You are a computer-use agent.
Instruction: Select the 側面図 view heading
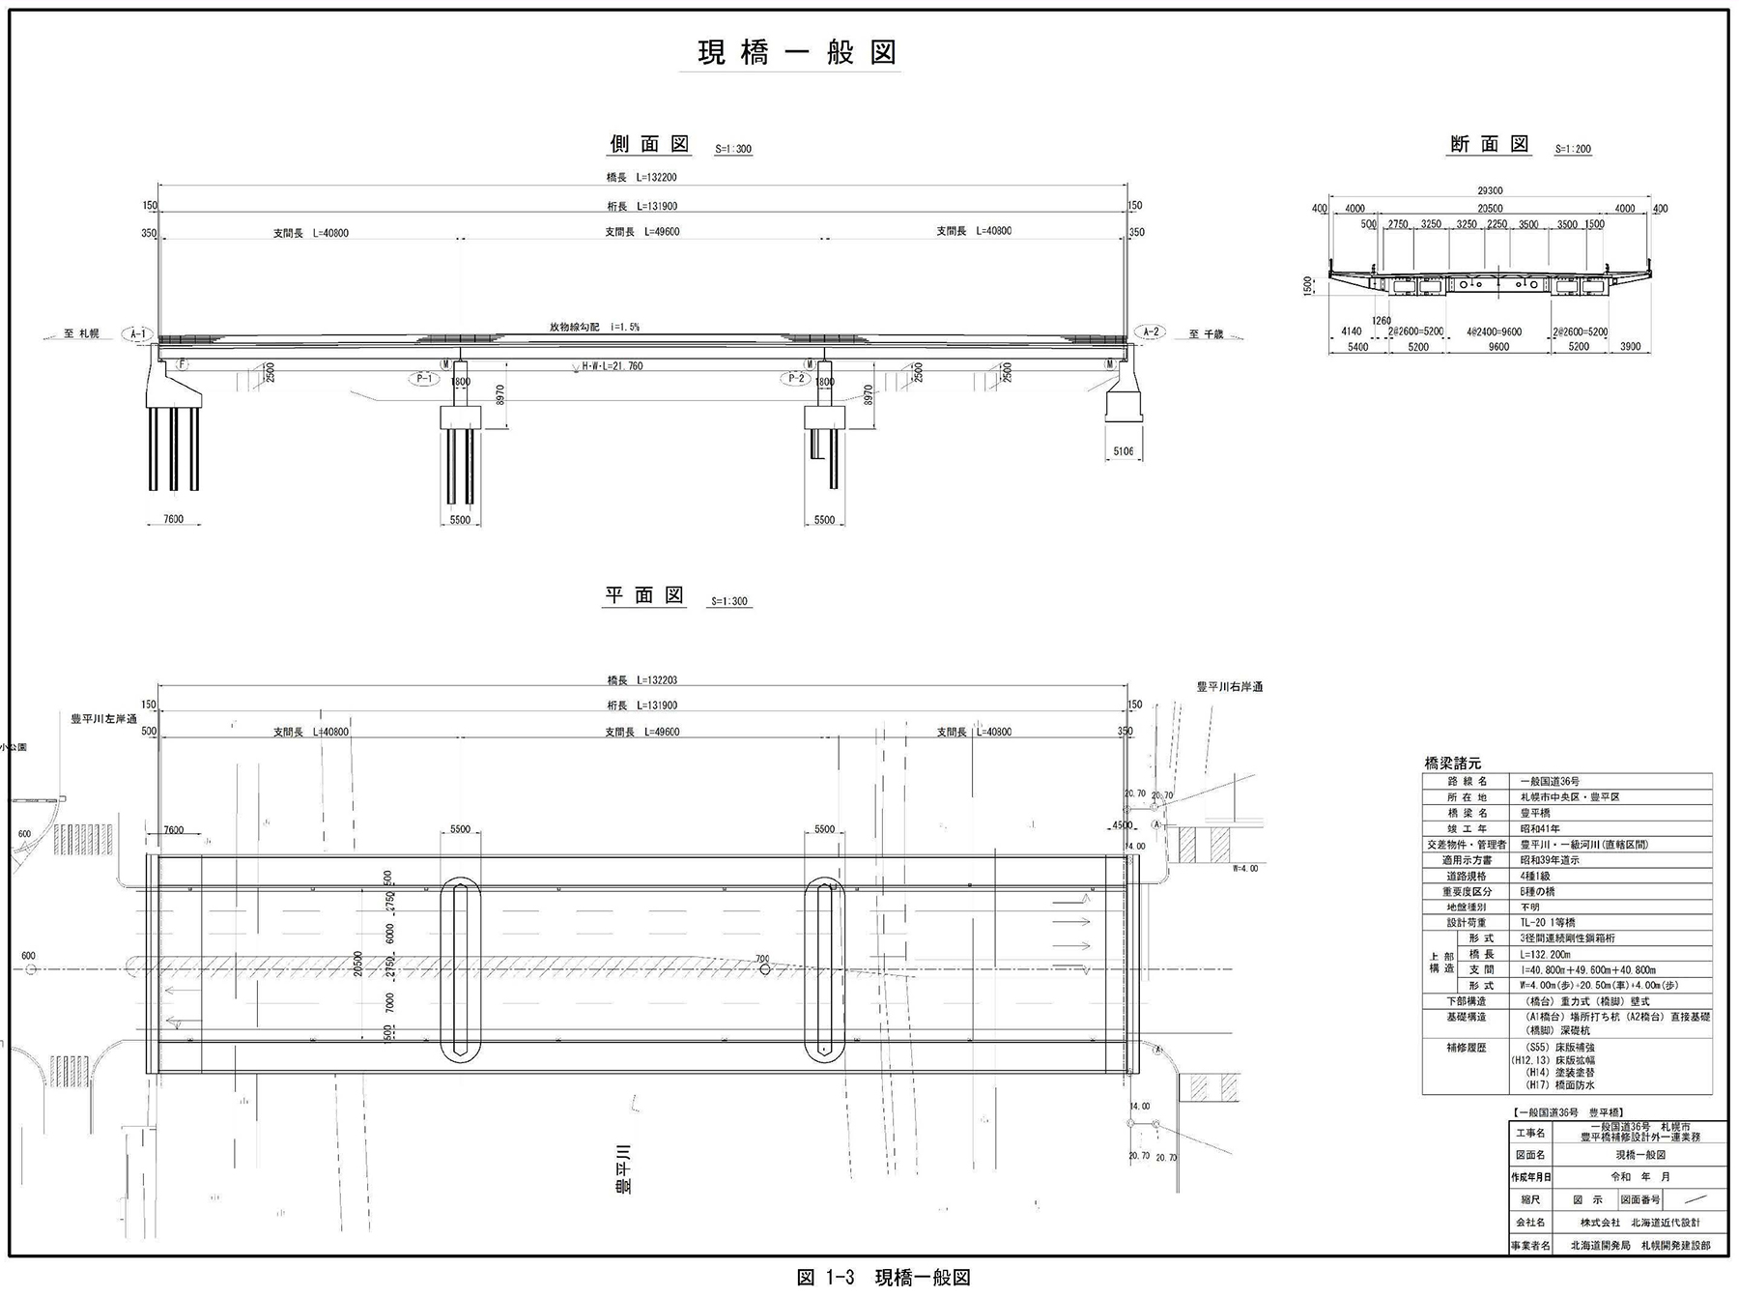pyautogui.click(x=649, y=144)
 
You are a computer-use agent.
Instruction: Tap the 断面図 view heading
pyautogui.click(x=1490, y=144)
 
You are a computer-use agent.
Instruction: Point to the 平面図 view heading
pyautogui.click(x=644, y=595)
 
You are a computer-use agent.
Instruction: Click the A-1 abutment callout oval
pyautogui.click(x=138, y=334)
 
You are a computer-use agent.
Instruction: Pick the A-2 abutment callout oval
pyautogui.click(x=1150, y=332)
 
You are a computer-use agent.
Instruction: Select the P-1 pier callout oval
pyautogui.click(x=423, y=379)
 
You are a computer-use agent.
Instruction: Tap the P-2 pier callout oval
pyautogui.click(x=796, y=378)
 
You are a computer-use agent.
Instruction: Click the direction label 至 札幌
pyautogui.click(x=81, y=334)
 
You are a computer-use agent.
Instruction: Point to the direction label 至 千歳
pyautogui.click(x=1206, y=334)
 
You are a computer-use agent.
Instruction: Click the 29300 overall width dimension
pyautogui.click(x=1490, y=191)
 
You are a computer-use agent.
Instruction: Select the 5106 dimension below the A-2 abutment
pyautogui.click(x=1123, y=451)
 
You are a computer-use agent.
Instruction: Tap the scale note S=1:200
pyautogui.click(x=1573, y=149)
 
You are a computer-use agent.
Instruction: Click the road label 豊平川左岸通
pyautogui.click(x=103, y=719)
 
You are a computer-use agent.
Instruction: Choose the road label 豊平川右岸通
pyautogui.click(x=1229, y=687)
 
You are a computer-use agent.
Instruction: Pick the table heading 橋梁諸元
pyautogui.click(x=1452, y=764)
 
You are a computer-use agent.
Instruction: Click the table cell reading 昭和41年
pyautogui.click(x=1540, y=828)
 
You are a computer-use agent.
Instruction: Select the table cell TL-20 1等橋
pyautogui.click(x=1549, y=923)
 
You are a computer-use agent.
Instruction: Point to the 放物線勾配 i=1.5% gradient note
pyautogui.click(x=594, y=328)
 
